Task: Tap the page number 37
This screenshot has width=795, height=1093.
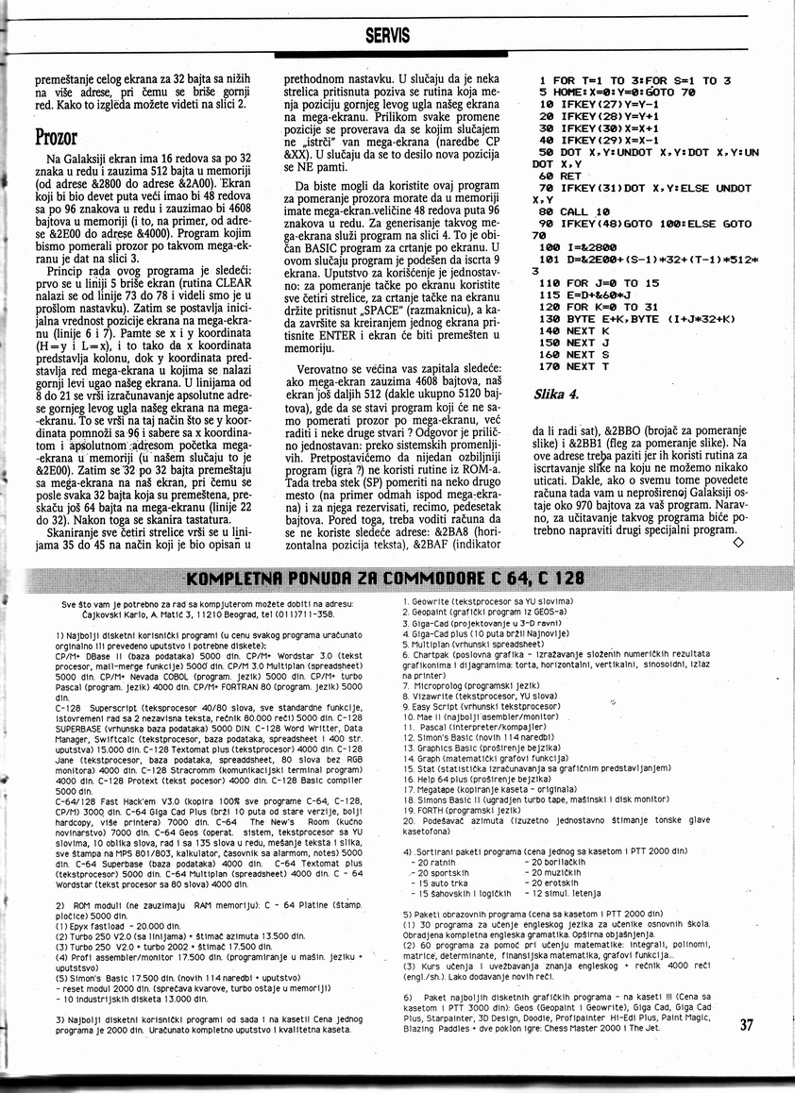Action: click(x=747, y=1025)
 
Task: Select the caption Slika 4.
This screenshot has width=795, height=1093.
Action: click(x=556, y=393)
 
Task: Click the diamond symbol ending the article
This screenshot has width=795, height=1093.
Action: click(x=737, y=542)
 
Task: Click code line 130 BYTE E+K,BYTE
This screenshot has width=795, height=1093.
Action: click(x=622, y=318)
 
